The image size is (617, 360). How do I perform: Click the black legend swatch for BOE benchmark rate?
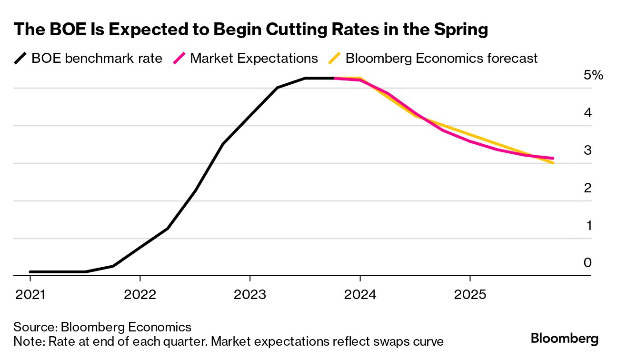[x=20, y=59]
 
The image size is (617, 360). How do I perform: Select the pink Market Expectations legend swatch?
[x=179, y=59]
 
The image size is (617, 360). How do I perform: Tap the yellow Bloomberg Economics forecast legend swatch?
[x=335, y=59]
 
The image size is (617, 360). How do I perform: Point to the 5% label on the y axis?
[x=593, y=75]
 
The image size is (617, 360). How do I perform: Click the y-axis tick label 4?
[x=587, y=113]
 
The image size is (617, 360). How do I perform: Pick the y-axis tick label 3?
[x=587, y=150]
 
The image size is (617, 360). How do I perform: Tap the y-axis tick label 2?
[x=587, y=188]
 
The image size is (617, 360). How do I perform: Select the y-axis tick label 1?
[x=588, y=226]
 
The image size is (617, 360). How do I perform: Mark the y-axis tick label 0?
[x=587, y=263]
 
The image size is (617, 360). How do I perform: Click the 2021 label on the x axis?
[x=30, y=294]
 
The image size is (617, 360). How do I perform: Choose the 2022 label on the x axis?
[x=140, y=294]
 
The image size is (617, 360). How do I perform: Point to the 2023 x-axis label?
[x=250, y=294]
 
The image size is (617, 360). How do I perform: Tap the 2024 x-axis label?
[x=360, y=294]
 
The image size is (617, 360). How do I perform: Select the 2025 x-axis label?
[x=470, y=294]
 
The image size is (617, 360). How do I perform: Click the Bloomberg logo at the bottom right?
[x=565, y=339]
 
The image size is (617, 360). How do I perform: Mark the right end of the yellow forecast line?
[x=553, y=163]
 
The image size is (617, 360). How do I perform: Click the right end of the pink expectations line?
[x=553, y=158]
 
